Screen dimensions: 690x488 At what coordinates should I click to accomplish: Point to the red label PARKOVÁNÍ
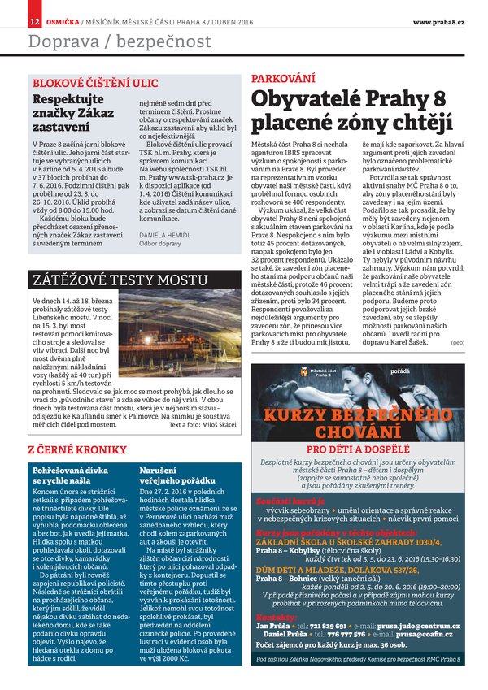(282, 79)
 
